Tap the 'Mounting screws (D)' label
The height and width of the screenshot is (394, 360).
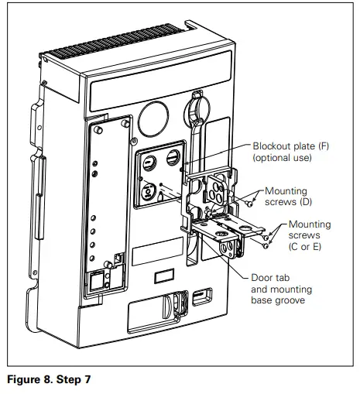286,197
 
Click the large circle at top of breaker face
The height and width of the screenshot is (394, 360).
156,116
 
